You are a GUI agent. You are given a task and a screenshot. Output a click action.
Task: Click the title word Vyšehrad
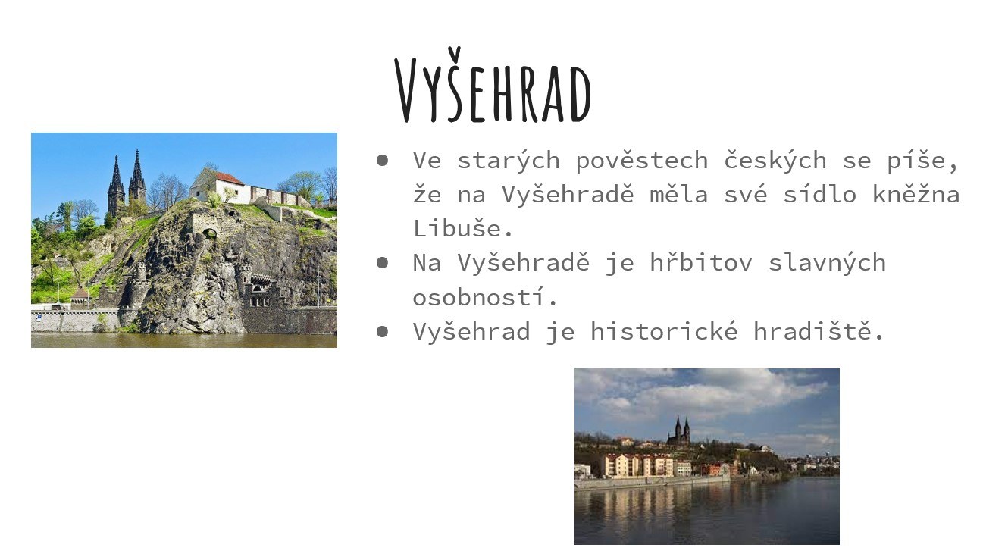click(x=493, y=85)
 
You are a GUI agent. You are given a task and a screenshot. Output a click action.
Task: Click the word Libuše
click(x=462, y=228)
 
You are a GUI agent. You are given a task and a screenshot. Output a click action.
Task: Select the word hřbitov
click(x=701, y=262)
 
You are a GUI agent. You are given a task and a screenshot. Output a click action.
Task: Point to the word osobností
click(x=484, y=297)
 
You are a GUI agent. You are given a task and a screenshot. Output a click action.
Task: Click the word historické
click(x=664, y=330)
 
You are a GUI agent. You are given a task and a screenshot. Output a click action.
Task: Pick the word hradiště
click(x=818, y=330)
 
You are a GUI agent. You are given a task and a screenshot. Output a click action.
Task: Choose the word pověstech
click(x=642, y=160)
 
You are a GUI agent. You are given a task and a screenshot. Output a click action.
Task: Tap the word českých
click(x=775, y=160)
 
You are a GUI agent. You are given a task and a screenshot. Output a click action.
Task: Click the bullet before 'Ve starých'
click(x=382, y=161)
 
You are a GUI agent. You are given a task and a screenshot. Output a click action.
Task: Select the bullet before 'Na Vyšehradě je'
click(x=382, y=262)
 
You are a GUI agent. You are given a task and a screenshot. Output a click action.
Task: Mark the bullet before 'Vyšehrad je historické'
click(x=382, y=331)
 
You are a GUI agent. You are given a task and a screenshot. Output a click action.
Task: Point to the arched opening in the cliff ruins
click(x=209, y=233)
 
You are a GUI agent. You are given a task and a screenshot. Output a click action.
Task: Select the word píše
click(x=922, y=160)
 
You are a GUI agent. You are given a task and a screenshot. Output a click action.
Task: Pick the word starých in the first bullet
click(x=509, y=160)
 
